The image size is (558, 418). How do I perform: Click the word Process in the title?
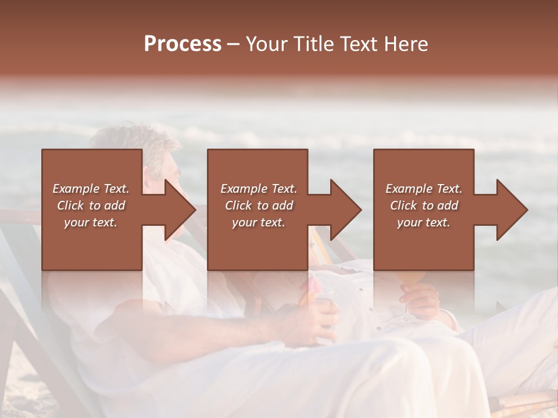pos(183,44)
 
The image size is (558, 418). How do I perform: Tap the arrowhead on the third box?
pos(512,210)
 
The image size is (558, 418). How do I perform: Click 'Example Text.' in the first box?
pos(91,189)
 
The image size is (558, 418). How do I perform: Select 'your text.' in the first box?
pos(91,222)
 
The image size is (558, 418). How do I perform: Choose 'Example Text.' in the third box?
pos(424,189)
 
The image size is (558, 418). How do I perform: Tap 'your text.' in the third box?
pos(424,222)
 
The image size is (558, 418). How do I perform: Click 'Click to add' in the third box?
pos(424,206)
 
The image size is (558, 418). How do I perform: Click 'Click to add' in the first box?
pos(91,206)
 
